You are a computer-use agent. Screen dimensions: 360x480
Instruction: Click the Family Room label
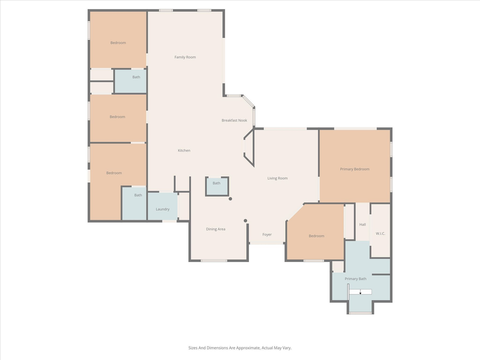(185, 57)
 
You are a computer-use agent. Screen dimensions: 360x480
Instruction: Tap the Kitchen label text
(184, 150)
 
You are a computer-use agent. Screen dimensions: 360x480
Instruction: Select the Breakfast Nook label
(234, 120)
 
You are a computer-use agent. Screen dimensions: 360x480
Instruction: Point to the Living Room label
(277, 178)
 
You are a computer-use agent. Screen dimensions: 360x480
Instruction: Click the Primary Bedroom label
(354, 169)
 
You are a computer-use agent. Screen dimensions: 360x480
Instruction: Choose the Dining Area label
(215, 229)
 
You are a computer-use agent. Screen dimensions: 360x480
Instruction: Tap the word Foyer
(267, 234)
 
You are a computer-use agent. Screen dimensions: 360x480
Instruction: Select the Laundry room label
(162, 209)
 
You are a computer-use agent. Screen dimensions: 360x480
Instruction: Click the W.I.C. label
(380, 233)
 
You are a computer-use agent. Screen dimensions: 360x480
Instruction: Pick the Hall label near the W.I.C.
(362, 224)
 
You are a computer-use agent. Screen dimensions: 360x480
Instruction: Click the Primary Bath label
(355, 278)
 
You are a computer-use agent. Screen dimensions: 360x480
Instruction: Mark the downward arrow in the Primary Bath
(360, 292)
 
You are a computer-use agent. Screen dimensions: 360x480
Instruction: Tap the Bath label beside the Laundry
(138, 195)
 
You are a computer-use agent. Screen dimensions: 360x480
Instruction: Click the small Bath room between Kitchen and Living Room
(216, 183)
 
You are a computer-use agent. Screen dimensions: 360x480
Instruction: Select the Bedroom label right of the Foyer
(316, 236)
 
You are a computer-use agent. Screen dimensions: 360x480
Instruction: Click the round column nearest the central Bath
(230, 199)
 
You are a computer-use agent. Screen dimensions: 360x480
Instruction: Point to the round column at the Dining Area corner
(245, 220)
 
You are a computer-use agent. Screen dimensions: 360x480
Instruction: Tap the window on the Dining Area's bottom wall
(214, 260)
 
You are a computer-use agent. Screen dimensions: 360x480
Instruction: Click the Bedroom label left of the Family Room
(118, 43)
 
